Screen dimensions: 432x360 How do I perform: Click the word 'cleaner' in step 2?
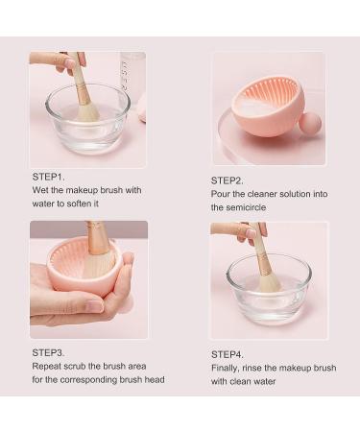coord(264,194)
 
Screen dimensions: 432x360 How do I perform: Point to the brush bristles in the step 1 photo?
coord(86,109)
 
